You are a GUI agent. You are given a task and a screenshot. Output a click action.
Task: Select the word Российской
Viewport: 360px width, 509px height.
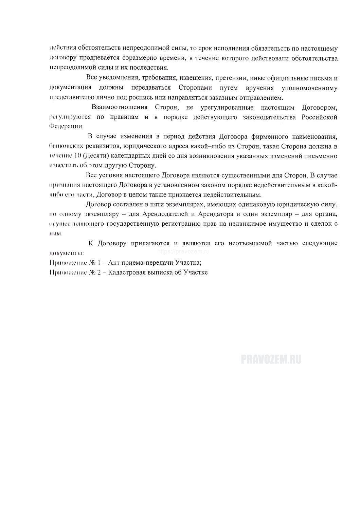point(320,117)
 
